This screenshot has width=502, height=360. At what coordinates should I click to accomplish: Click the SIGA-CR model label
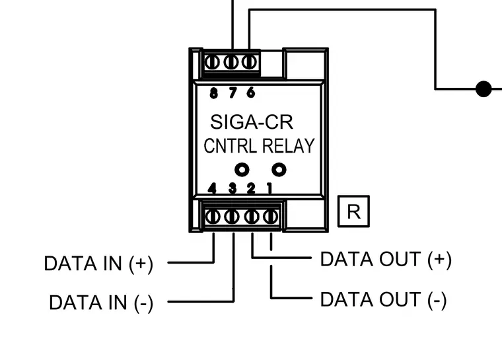(x=252, y=122)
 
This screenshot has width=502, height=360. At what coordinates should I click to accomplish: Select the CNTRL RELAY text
(x=260, y=146)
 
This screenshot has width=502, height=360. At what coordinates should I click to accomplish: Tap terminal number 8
(x=213, y=93)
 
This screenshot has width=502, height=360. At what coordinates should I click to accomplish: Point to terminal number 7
(x=233, y=92)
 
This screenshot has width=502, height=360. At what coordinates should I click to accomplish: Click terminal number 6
(x=251, y=92)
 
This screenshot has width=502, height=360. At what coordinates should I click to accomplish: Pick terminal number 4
(x=212, y=188)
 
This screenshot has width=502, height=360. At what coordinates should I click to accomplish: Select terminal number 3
(x=233, y=188)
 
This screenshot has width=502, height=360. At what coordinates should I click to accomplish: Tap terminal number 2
(x=251, y=188)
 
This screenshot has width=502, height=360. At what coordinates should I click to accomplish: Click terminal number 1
(x=269, y=188)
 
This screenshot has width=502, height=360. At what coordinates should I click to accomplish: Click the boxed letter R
(x=353, y=211)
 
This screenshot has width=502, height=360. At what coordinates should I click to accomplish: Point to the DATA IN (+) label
(x=98, y=264)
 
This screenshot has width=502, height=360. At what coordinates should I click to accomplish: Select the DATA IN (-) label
(x=101, y=303)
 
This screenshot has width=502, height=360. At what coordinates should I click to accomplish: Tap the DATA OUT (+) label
(x=386, y=259)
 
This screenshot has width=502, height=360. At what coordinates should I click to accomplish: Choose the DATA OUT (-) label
(x=383, y=299)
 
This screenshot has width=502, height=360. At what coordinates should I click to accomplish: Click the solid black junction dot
(x=484, y=89)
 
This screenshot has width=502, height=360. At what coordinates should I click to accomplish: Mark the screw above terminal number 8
(x=212, y=62)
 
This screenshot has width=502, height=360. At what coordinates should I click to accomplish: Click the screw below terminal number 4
(x=212, y=217)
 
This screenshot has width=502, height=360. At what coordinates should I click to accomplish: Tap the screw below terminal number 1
(x=271, y=217)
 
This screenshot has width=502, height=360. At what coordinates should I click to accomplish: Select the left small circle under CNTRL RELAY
(x=242, y=170)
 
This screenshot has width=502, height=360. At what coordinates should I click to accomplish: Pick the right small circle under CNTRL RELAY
(x=279, y=169)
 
